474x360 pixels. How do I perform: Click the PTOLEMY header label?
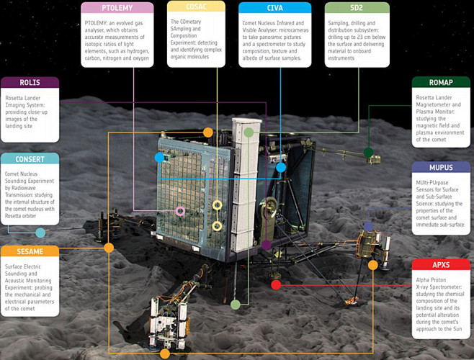point(117,8)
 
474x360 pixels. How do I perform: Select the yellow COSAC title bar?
point(196,6)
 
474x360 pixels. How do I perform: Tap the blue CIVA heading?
point(274,8)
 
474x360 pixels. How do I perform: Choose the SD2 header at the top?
point(357,8)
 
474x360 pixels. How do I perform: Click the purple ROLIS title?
point(30,82)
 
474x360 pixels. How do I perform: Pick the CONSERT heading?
point(30,158)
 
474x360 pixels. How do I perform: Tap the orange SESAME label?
point(30,251)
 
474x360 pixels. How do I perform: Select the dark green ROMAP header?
point(441,82)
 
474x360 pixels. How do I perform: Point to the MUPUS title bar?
point(441,167)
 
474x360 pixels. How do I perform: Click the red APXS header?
point(441,265)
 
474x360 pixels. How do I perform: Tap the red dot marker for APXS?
point(276,284)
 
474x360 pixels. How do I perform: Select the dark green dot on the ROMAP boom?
point(368,152)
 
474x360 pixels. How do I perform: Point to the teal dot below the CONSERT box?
point(40,233)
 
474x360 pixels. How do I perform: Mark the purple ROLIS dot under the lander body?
point(266,245)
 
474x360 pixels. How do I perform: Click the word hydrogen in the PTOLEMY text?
point(138,51)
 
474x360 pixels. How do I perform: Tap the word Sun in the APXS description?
point(457,329)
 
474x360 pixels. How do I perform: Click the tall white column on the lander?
point(246,184)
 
